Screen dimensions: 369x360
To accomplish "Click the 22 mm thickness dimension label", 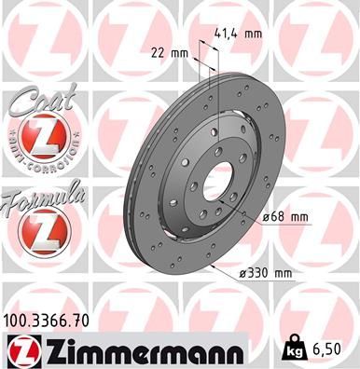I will (168, 53).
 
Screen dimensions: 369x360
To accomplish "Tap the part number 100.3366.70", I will (52, 321).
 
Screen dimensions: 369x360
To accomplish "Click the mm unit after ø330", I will (281, 273).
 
